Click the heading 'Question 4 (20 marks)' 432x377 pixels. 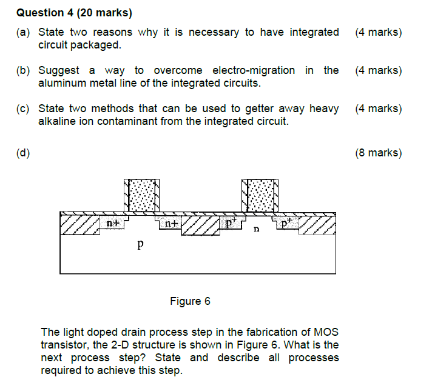click(x=74, y=12)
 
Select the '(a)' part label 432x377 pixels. click(x=23, y=32)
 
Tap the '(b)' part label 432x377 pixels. click(x=23, y=70)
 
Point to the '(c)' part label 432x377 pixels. click(x=23, y=109)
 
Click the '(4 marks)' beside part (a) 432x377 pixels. click(x=378, y=32)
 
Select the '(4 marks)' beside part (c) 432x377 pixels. click(x=378, y=109)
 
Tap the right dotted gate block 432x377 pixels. click(x=259, y=195)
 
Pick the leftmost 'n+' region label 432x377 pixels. click(x=112, y=223)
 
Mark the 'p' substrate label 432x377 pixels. click(x=140, y=246)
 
